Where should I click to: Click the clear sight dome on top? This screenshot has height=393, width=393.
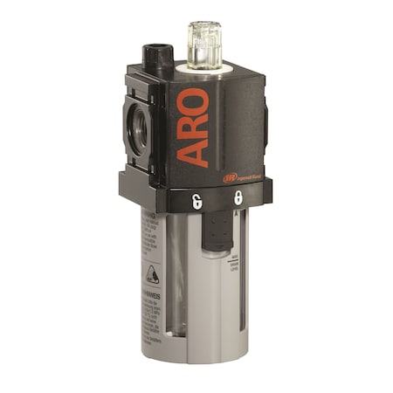click(x=200, y=44)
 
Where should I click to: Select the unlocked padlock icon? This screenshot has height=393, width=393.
click(x=196, y=201)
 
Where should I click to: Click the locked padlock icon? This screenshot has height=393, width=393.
click(x=238, y=198)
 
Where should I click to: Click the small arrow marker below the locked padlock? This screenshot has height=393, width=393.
click(x=238, y=211)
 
